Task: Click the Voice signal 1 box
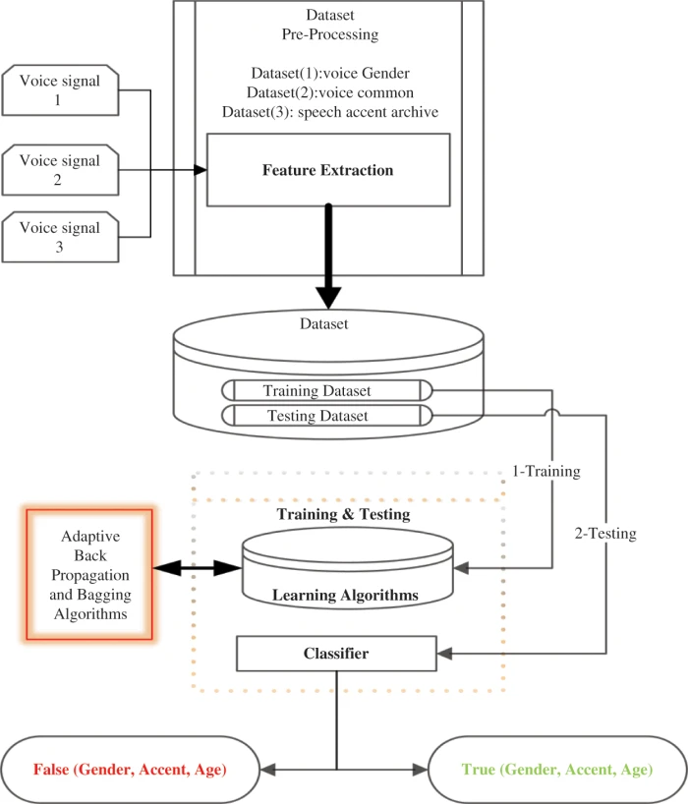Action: point(61,90)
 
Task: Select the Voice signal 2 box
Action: point(61,169)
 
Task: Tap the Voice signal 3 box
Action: point(61,237)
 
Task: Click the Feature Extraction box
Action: point(327,170)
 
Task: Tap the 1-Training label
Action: point(546,472)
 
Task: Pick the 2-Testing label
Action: point(604,535)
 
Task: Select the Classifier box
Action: point(335,653)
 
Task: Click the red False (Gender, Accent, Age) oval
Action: point(130,770)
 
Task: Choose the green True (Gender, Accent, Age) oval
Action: point(555,770)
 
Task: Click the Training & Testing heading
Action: point(342,514)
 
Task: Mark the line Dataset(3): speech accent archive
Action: point(329,111)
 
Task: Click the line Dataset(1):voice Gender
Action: point(329,74)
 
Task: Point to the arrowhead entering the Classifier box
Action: point(443,653)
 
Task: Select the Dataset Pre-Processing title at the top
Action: point(329,25)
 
